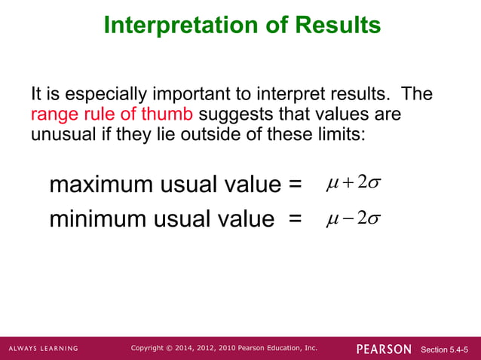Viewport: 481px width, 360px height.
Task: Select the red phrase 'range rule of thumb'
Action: [x=112, y=114]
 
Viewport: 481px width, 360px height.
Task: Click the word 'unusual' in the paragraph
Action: [x=58, y=134]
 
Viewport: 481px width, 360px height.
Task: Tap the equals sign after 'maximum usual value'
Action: [x=295, y=185]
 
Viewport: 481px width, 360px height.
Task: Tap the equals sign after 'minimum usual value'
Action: [x=295, y=220]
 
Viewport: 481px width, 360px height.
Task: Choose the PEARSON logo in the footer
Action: [x=384, y=349]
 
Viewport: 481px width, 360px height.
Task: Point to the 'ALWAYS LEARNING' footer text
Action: [x=43, y=349]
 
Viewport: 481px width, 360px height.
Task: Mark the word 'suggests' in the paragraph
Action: [x=228, y=114]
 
